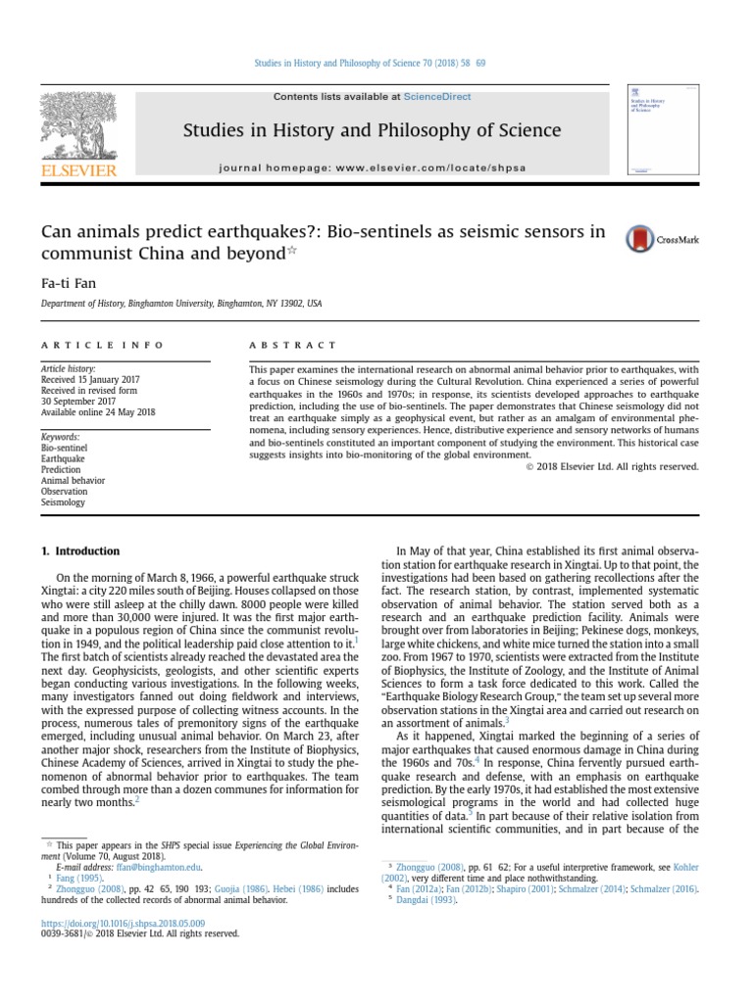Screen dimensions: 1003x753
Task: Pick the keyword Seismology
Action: (x=63, y=502)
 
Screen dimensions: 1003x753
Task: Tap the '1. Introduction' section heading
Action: (x=80, y=551)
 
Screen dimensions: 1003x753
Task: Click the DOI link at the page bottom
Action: (x=123, y=923)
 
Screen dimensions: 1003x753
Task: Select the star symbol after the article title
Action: (x=291, y=251)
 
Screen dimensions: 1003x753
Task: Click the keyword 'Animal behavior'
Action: (x=73, y=481)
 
